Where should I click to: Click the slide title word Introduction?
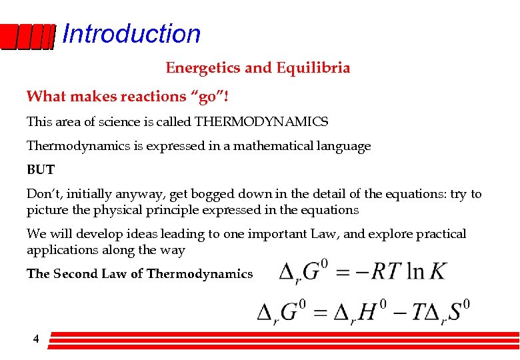131,33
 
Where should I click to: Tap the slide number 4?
36,339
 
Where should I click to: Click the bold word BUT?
40,169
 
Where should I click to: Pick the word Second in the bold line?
74,274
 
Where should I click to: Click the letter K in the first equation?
437,271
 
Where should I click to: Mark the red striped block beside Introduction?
27,37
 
